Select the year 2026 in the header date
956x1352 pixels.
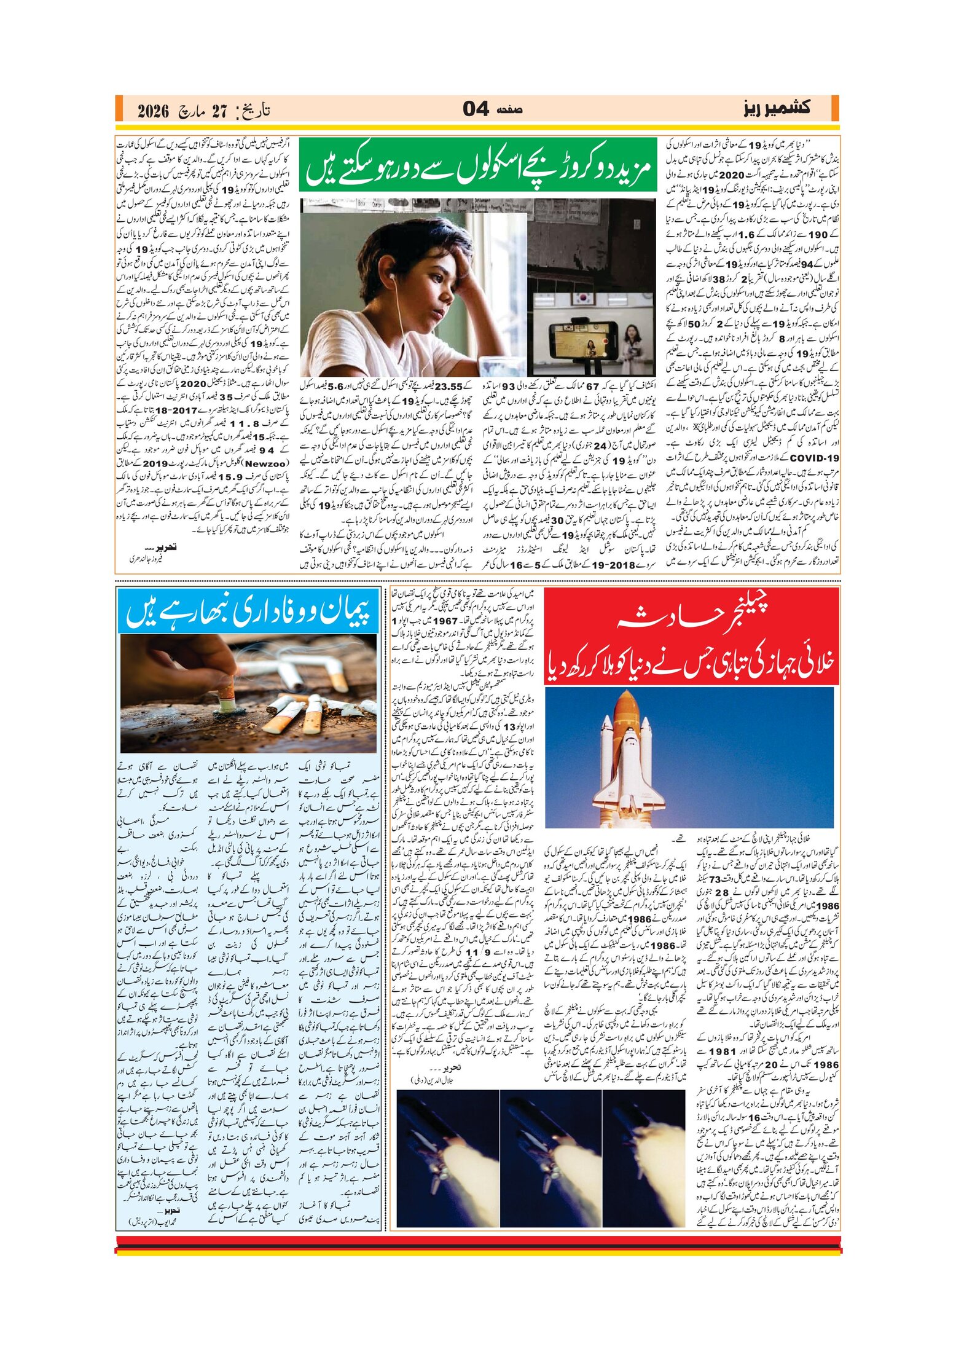pyautogui.click(x=153, y=111)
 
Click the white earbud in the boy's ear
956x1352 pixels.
pyautogui.click(x=391, y=278)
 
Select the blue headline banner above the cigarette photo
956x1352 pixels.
pyautogui.click(x=248, y=610)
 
